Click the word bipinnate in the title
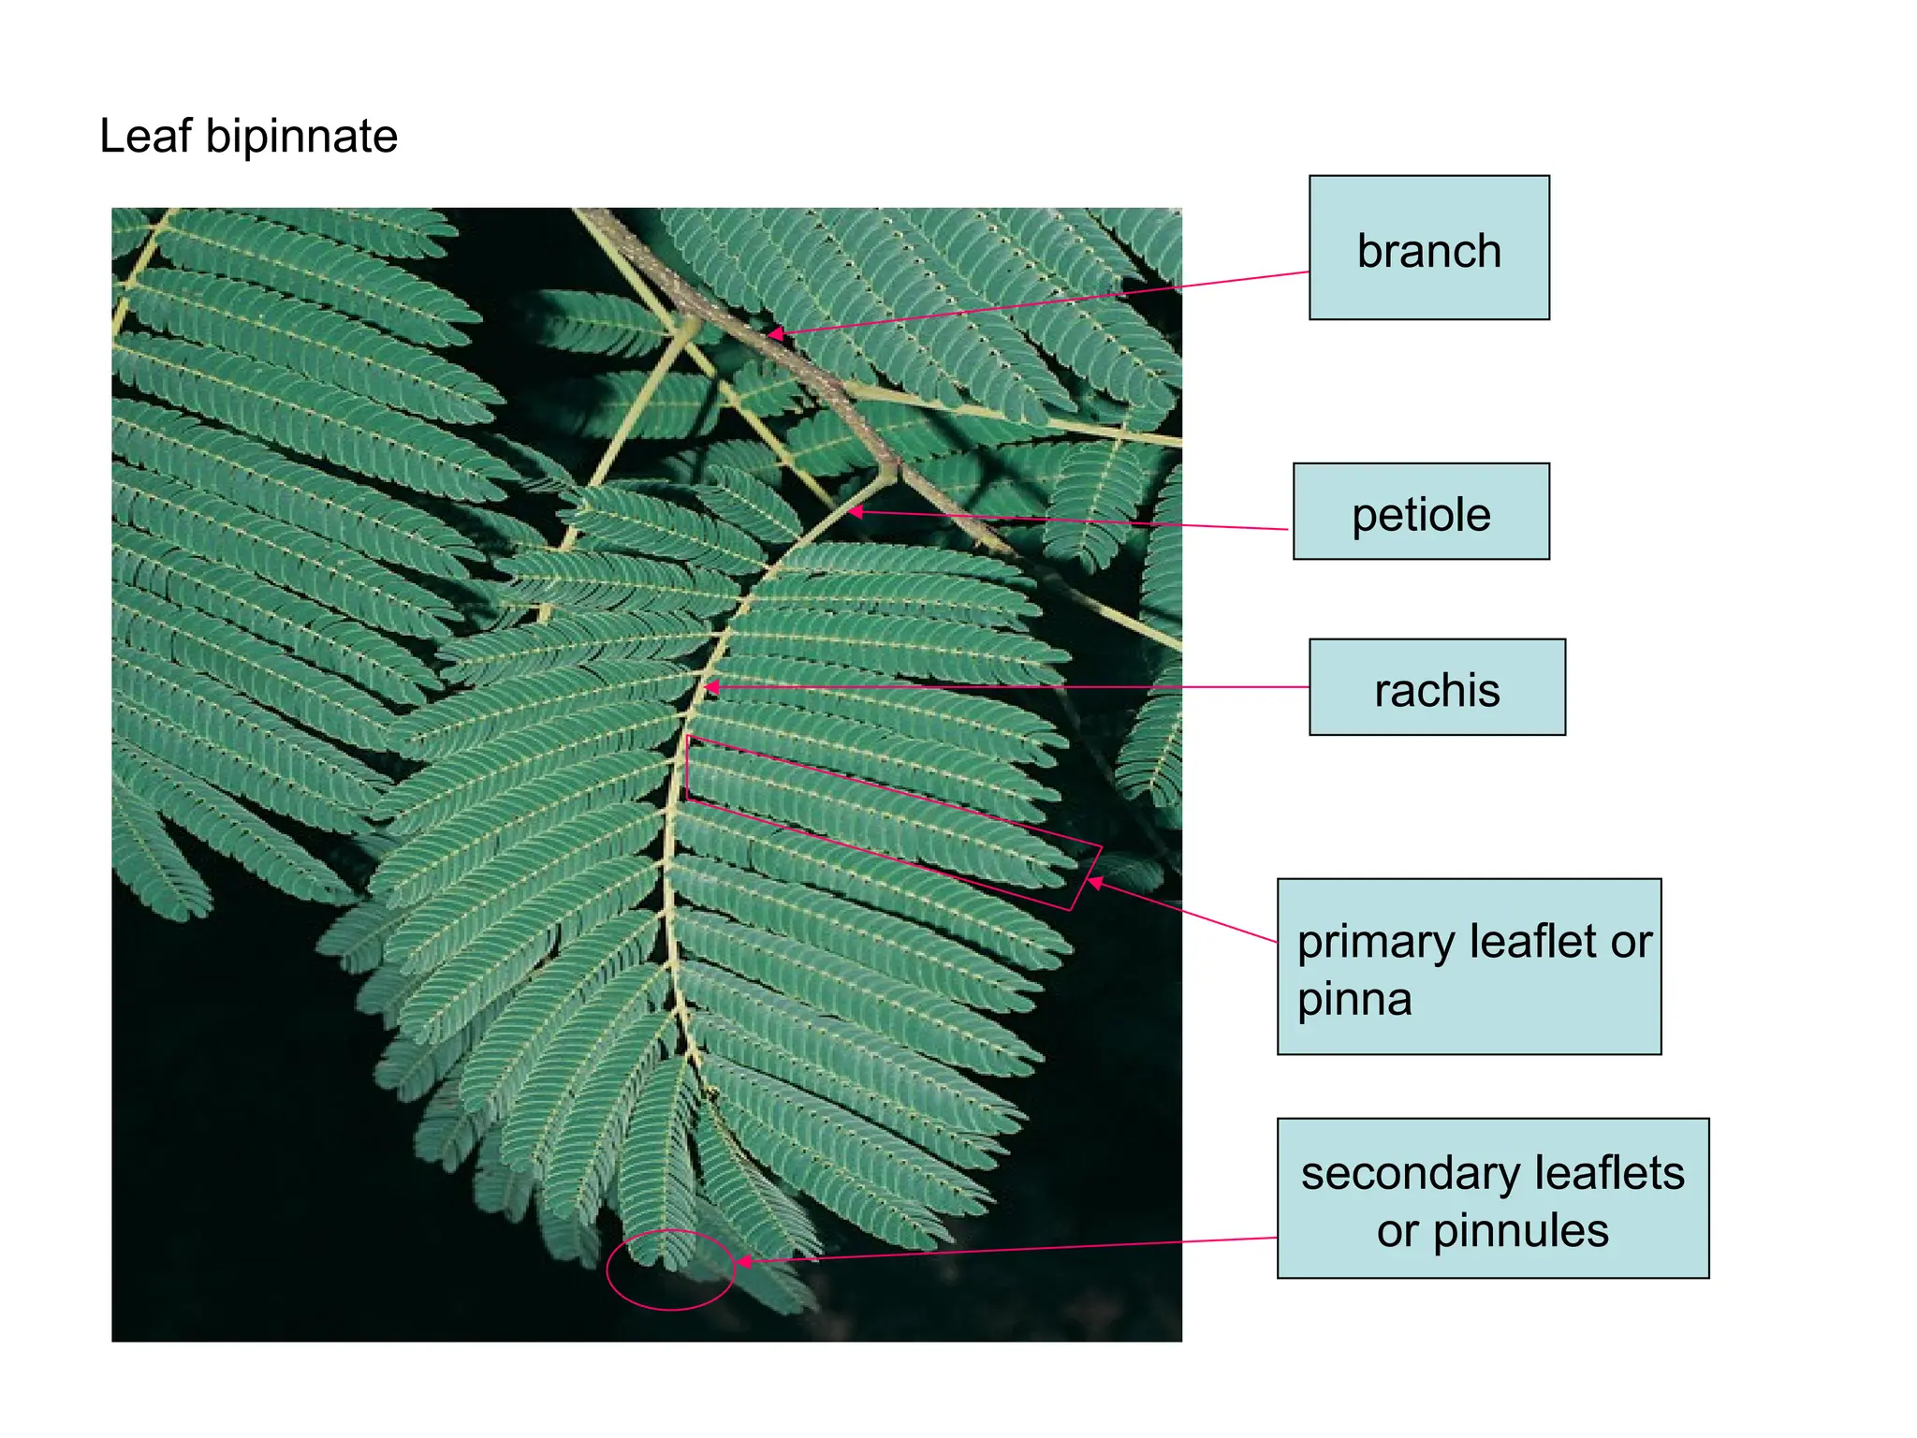(x=301, y=137)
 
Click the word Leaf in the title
(x=145, y=136)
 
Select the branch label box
(x=1428, y=247)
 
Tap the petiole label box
(x=1421, y=511)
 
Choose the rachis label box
(x=1437, y=687)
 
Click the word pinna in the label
(x=1354, y=1000)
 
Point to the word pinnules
(x=1520, y=1231)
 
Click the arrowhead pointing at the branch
(x=775, y=333)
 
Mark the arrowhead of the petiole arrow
(x=855, y=511)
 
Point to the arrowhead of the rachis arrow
(x=711, y=687)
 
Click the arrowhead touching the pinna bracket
(x=1094, y=882)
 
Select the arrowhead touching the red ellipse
(x=745, y=1262)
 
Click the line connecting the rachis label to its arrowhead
(x=1010, y=687)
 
